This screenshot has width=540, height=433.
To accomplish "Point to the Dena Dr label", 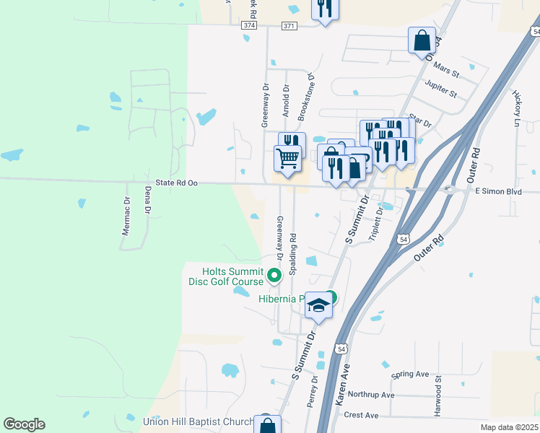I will click(147, 201).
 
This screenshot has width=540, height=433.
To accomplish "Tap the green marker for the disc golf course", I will click(274, 275).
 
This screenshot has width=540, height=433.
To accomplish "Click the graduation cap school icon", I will click(318, 306).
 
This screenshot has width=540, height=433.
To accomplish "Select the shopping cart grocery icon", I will click(287, 157).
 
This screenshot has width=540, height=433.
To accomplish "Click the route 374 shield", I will click(249, 25).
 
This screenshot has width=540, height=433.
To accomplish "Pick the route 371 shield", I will click(289, 25).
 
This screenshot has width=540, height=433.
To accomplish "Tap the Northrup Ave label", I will click(371, 395).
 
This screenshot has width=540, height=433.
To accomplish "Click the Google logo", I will click(24, 424).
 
